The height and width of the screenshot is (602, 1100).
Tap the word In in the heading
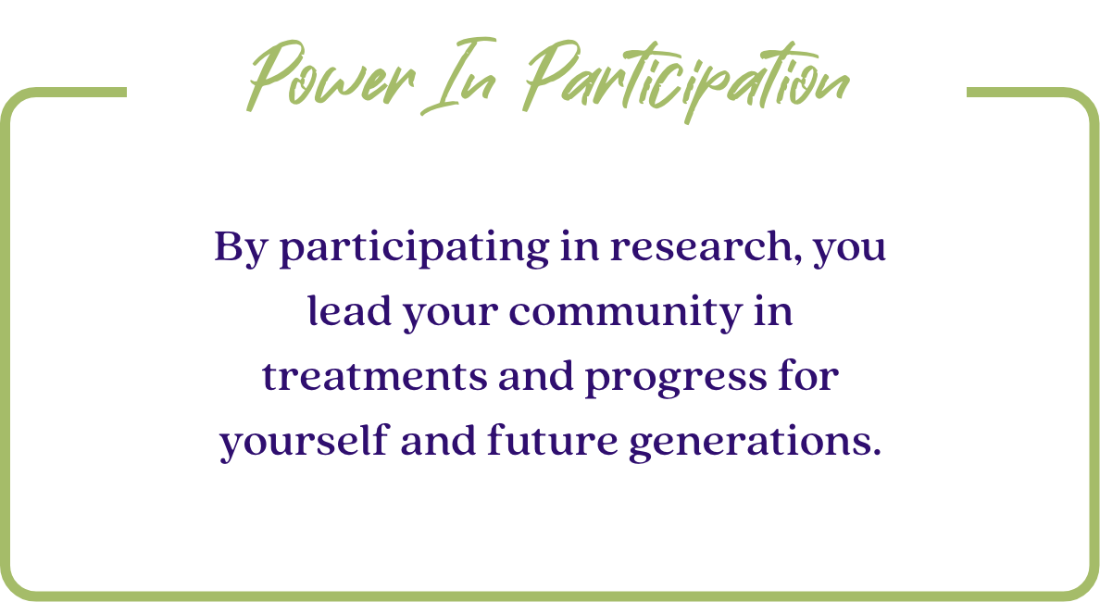[x=459, y=77]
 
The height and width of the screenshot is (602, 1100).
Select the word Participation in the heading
[x=686, y=80]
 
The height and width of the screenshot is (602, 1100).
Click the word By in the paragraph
[x=241, y=248]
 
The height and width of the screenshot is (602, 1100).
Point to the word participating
[x=415, y=248]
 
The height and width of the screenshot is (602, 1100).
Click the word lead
[x=349, y=311]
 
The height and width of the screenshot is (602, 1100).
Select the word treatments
[x=375, y=377]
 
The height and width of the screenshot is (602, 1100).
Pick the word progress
[x=676, y=379]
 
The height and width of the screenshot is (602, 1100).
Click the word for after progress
[x=809, y=375]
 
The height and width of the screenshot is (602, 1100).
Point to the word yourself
[x=304, y=442]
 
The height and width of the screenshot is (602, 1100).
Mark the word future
[x=552, y=441]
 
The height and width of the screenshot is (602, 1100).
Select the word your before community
[x=450, y=315]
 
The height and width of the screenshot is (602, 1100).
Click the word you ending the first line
[x=850, y=251]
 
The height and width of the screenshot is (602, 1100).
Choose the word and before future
[x=438, y=440]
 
